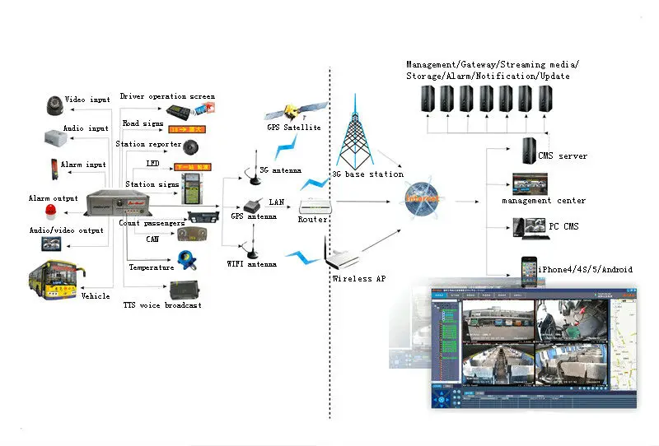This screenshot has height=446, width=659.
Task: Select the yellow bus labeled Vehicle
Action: coord(55,279)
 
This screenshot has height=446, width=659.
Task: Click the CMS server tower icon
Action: coord(530,151)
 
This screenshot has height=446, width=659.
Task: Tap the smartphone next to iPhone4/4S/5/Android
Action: coord(528,268)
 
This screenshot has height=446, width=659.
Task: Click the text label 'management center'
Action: coord(544,201)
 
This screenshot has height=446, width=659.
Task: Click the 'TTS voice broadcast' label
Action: coord(161,305)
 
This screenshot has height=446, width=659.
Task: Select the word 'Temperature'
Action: coord(152,267)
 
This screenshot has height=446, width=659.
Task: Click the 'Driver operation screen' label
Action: coord(167,96)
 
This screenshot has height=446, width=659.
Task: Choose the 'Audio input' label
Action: coord(86,128)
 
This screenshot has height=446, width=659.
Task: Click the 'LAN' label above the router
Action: coord(278,202)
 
